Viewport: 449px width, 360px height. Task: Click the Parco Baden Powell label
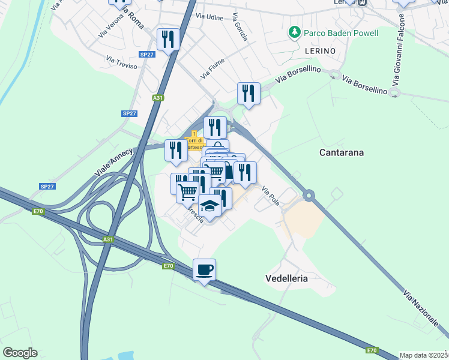point(340,32)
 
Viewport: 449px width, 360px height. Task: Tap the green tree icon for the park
point(294,32)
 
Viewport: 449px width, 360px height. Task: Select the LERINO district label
point(319,51)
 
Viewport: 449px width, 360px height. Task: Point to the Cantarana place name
point(341,153)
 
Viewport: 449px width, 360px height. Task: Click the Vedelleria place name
point(287,278)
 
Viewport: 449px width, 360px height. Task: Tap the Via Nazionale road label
point(421,308)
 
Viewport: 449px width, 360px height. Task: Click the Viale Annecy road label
point(115,161)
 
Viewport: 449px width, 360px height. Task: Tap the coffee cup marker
point(204,270)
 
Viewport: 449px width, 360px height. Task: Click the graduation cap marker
point(209,206)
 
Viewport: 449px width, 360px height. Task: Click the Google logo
point(20,353)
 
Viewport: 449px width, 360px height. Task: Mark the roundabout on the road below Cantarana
point(309,195)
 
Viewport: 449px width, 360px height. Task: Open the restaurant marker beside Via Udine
point(168,40)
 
